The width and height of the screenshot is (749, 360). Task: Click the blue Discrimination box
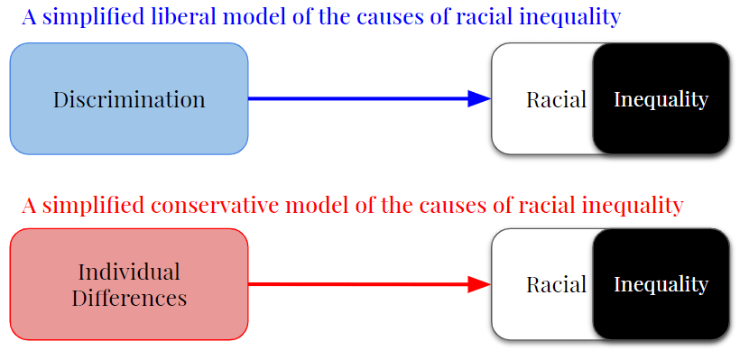click(x=129, y=99)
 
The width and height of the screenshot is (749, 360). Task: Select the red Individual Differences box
click(x=129, y=284)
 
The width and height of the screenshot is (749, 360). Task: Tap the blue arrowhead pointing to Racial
click(x=479, y=99)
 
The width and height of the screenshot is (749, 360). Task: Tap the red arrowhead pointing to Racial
click(x=479, y=284)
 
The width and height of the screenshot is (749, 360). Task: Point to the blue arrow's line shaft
click(x=357, y=99)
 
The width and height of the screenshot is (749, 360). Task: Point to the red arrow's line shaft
click(x=357, y=284)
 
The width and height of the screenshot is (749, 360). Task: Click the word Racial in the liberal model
click(x=557, y=100)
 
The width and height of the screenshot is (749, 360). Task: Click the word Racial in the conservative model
click(x=557, y=285)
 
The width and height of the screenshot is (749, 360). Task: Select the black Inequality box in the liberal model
click(x=661, y=99)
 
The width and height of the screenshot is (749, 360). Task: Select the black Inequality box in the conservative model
click(x=661, y=284)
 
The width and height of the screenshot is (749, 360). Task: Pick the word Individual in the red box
click(x=129, y=272)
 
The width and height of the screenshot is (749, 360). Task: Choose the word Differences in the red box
click(x=129, y=298)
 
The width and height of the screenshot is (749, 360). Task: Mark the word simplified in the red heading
click(x=93, y=207)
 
